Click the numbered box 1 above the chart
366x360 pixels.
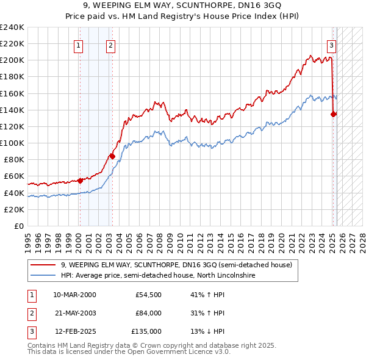(x=79, y=45)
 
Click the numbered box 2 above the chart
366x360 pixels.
(x=110, y=45)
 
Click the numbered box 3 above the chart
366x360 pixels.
(x=331, y=45)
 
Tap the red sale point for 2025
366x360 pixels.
(x=334, y=113)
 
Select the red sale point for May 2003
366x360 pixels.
(x=112, y=156)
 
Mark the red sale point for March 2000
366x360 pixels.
(x=80, y=180)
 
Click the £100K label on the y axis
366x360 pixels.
(x=12, y=143)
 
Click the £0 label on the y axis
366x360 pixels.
(x=18, y=226)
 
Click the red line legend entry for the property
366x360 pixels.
(x=177, y=265)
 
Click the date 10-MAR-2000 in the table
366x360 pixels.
(x=74, y=295)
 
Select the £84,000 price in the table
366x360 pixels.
(x=148, y=313)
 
